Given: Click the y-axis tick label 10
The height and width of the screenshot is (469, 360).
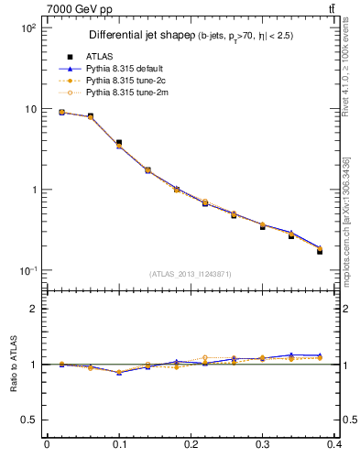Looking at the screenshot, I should (29, 109).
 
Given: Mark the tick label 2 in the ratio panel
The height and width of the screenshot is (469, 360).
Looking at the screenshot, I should (32, 309).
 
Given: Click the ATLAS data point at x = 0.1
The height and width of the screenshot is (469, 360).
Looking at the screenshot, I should (119, 143).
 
